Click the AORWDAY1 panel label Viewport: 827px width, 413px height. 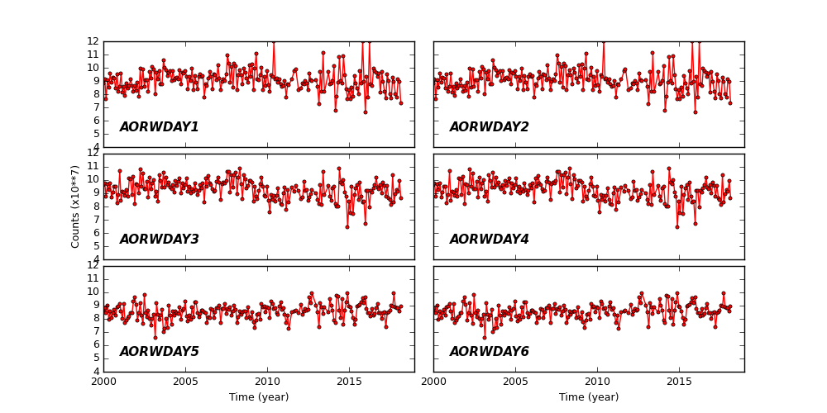[159, 127]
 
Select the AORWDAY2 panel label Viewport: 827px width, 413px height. [489, 127]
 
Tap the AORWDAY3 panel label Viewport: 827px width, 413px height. [159, 240]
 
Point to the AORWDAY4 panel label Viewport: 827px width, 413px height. [489, 240]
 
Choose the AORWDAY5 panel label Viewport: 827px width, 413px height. [159, 352]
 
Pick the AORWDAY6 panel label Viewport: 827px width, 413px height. [489, 352]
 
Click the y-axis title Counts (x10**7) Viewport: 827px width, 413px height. [76, 206]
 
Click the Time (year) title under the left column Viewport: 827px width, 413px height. [259, 397]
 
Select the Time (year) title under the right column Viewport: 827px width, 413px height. [589, 397]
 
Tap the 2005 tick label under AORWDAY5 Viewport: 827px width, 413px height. [185, 382]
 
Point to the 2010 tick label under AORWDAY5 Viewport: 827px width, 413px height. [267, 382]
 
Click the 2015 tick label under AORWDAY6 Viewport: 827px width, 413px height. [679, 382]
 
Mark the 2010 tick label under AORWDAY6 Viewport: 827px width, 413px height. [597, 382]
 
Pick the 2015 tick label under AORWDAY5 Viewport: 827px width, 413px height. [349, 382]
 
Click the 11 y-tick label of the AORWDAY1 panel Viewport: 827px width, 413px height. [93, 55]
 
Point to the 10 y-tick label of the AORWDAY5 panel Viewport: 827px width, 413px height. [93, 292]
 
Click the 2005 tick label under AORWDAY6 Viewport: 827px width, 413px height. [515, 382]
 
